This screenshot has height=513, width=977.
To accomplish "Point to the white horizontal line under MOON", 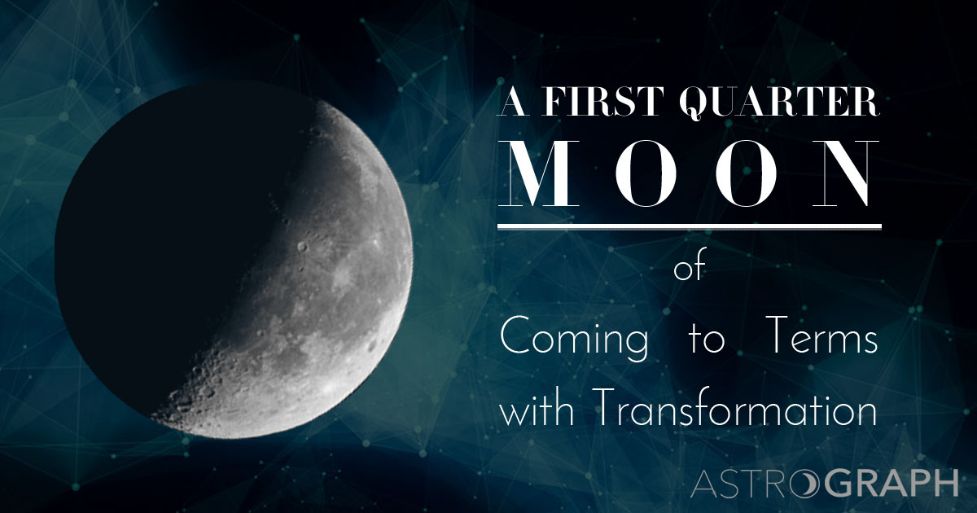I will point(689,226).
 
